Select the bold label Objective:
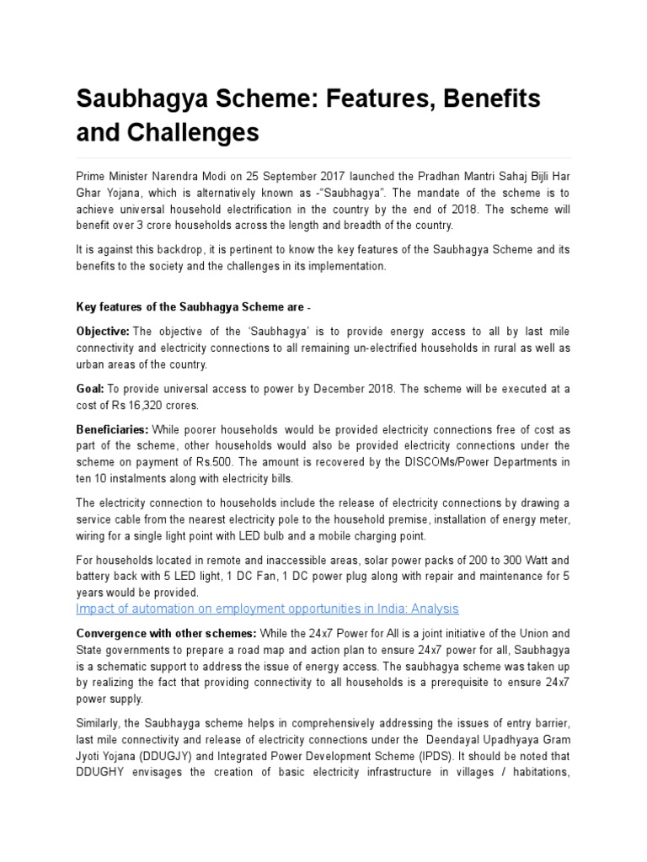103,333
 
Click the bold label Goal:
89,389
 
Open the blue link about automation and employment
267,609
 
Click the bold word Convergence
112,633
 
